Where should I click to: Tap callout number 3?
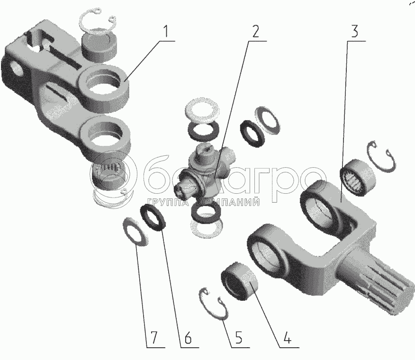coord(355,32)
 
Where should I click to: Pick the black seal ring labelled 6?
coord(155,216)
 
